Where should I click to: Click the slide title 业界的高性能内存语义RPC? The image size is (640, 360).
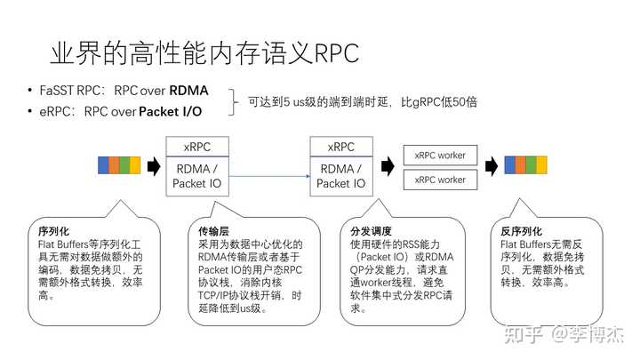(204, 53)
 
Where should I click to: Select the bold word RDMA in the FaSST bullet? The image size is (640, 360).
(188, 90)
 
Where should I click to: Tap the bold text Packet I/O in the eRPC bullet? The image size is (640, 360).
(170, 111)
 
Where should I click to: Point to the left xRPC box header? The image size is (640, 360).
(197, 147)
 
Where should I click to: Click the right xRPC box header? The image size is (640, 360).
(341, 147)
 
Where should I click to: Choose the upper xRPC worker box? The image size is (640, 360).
(440, 155)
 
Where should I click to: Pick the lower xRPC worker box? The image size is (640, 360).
(440, 180)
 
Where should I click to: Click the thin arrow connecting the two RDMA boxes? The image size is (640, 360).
(269, 176)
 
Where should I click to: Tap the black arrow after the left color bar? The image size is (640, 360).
(154, 166)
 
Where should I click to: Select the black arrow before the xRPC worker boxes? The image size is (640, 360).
(388, 166)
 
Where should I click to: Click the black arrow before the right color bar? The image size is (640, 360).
(492, 166)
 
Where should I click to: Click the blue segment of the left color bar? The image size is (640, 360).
(103, 165)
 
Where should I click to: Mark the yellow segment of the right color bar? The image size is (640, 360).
(541, 165)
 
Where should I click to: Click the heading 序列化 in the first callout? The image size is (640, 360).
(53, 231)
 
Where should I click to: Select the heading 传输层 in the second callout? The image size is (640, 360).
(213, 231)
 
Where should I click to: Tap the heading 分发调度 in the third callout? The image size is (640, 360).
(371, 231)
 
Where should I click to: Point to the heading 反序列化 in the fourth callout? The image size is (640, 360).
(521, 231)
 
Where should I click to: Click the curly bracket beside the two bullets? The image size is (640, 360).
(234, 102)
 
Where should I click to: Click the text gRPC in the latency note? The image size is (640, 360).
(425, 102)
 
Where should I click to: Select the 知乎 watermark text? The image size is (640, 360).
(524, 334)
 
